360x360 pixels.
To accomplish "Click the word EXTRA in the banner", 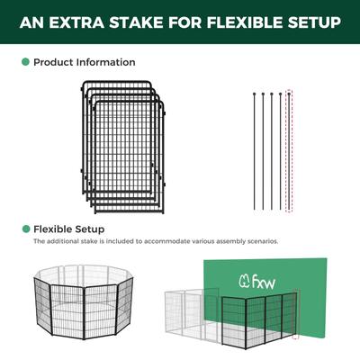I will pyautogui.click(x=73, y=21).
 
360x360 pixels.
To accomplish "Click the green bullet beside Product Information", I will pyautogui.click(x=24, y=63).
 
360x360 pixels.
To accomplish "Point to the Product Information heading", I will pyautogui.click(x=85, y=63).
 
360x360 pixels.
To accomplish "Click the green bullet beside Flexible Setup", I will pyautogui.click(x=24, y=229).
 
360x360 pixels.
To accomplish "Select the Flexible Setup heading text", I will pyautogui.click(x=69, y=229).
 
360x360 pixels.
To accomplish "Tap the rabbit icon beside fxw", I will pyautogui.click(x=244, y=280).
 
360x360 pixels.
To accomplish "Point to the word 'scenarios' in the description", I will pyautogui.click(x=261, y=242).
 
